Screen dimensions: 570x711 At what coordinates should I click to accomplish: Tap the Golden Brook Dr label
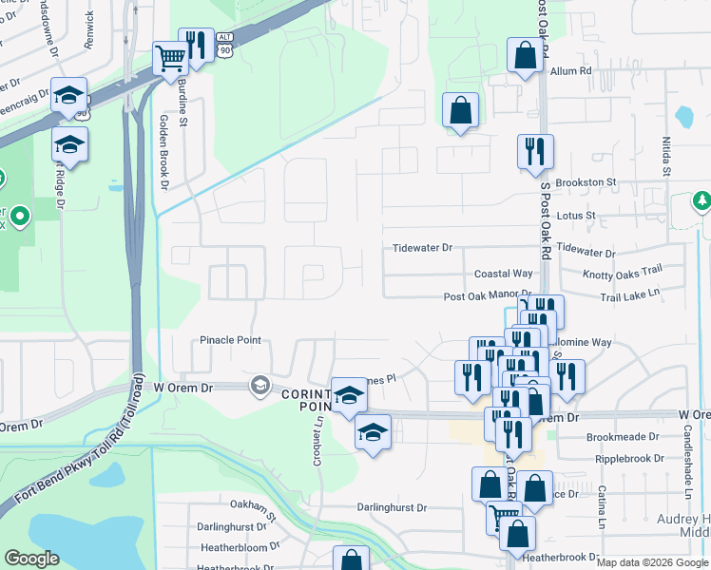click(163, 152)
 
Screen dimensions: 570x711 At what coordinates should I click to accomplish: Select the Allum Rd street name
click(570, 71)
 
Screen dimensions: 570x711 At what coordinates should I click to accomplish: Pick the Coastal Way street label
click(503, 274)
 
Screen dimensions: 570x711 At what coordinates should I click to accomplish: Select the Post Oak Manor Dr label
click(487, 296)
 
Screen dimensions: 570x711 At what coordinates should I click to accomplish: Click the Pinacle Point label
click(230, 340)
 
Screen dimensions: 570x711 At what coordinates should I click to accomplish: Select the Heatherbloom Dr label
click(240, 547)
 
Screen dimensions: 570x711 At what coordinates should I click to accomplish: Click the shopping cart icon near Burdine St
click(170, 60)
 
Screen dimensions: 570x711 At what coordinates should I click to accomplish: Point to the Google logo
click(31, 559)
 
